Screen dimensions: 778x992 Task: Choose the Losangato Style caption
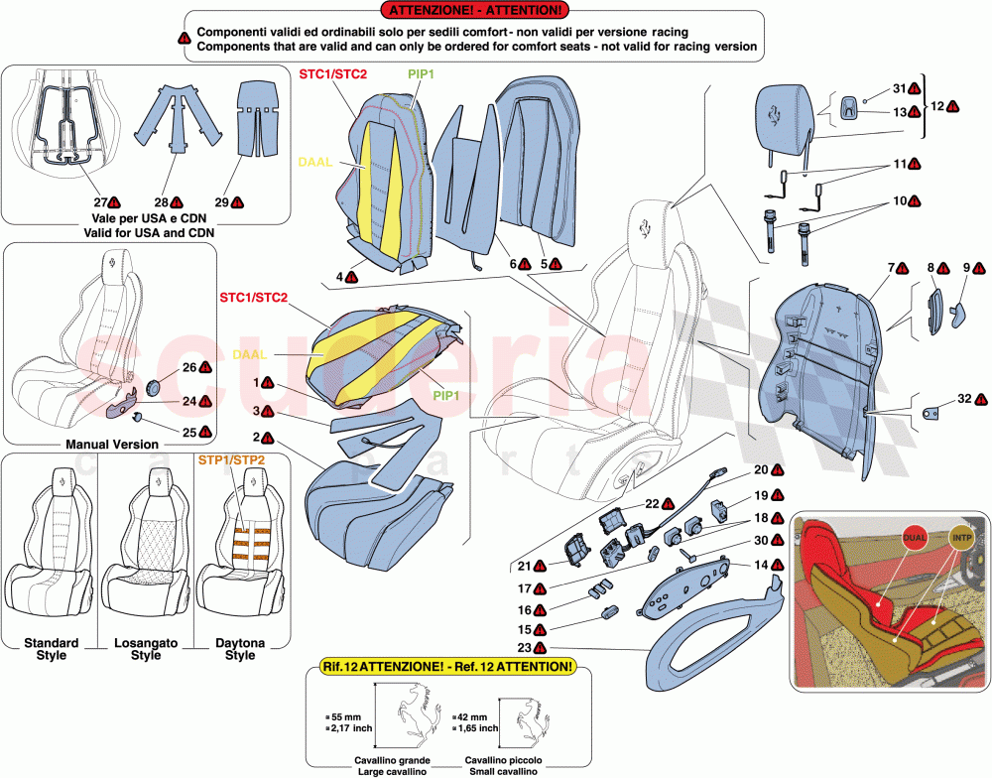[x=146, y=649]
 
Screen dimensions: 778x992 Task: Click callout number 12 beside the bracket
[x=935, y=104]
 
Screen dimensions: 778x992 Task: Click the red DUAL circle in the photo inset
[x=916, y=537]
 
